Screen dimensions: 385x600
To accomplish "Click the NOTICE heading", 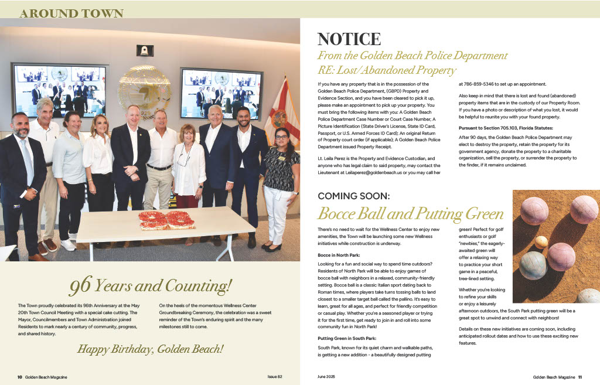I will [349, 39].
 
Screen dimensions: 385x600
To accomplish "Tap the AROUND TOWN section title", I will [71, 13].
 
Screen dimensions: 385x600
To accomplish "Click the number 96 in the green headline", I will [81, 287].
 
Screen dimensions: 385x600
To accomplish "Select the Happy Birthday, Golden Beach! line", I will [151, 349].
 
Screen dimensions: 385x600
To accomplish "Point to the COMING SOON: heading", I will [353, 196].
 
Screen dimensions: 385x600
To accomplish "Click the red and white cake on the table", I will [166, 219].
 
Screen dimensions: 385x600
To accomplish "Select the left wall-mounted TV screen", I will [59, 90].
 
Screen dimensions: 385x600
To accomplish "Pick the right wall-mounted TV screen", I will [220, 93].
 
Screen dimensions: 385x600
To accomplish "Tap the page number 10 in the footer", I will [19, 377].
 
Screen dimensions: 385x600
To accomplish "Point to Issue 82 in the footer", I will [275, 377].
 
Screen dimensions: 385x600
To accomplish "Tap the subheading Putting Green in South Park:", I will [347, 339].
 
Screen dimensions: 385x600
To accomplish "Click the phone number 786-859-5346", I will [478, 84].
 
